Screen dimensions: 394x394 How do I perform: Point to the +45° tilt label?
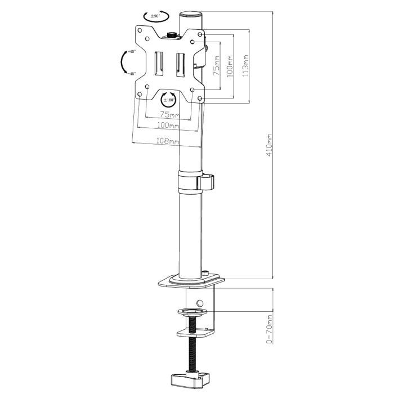132,52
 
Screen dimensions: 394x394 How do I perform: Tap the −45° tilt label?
132,73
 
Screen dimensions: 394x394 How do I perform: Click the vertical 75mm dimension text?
217,66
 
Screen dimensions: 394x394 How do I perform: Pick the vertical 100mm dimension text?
230,66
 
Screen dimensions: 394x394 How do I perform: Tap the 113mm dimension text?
245,66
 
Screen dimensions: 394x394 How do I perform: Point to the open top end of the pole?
191,14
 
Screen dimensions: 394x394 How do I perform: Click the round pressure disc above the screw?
192,311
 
